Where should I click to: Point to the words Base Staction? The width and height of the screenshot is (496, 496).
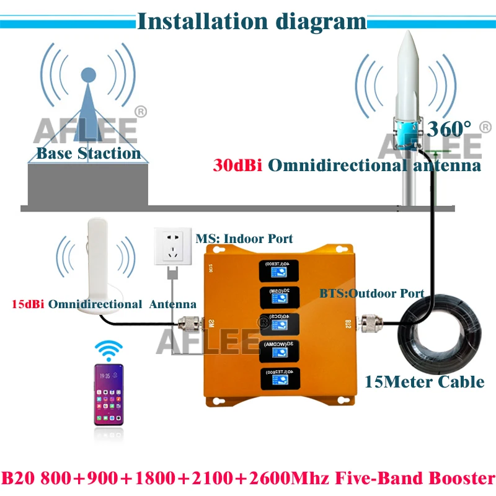click(x=89, y=153)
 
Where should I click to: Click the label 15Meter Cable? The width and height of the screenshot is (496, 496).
click(x=433, y=381)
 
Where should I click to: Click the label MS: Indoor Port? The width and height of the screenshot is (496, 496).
click(x=244, y=239)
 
